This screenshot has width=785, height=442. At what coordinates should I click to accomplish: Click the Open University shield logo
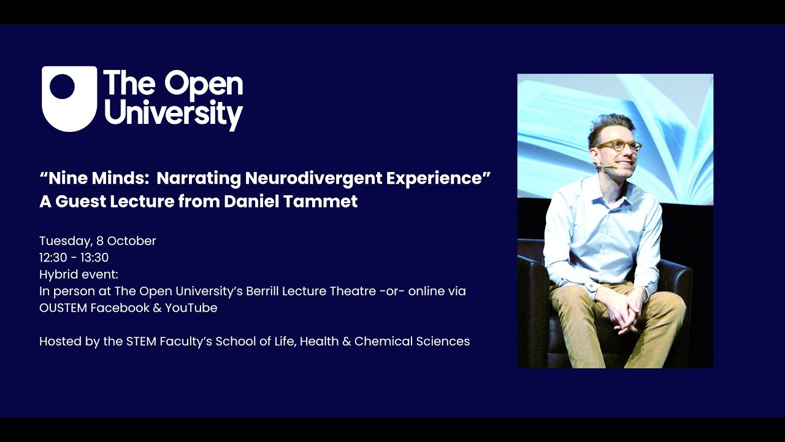tap(69, 98)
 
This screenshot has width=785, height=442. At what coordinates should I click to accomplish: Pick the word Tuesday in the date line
tap(65, 241)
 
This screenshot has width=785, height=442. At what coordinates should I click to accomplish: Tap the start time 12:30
tap(53, 258)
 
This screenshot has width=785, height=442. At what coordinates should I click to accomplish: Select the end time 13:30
tap(94, 258)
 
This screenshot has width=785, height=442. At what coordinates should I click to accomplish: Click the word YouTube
tap(191, 308)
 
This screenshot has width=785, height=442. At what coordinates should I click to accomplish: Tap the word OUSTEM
tap(63, 308)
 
